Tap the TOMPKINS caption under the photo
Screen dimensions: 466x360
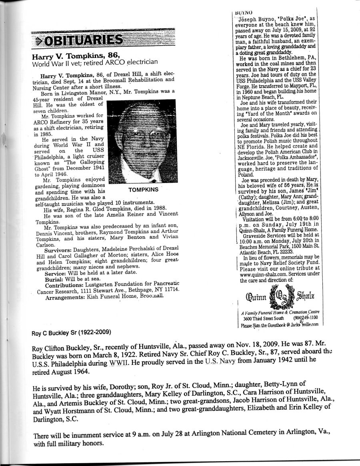click(x=144, y=189)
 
